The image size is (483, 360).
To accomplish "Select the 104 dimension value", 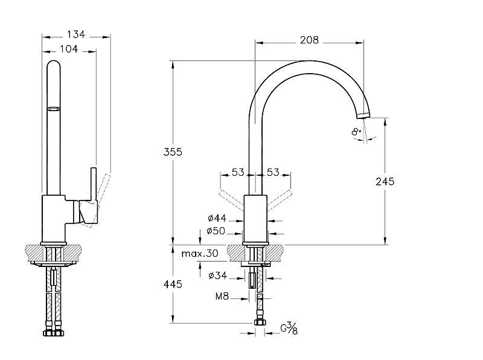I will (69, 49).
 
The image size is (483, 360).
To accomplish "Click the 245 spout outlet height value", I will (385, 181).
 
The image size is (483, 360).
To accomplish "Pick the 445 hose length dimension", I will (173, 284).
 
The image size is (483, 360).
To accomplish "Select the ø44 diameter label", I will (216, 217).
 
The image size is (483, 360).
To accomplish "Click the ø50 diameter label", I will (216, 231).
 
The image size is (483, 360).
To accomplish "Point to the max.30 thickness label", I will (200, 254).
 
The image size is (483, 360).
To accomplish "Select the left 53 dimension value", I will (238, 173).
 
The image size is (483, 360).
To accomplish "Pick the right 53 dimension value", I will (273, 173).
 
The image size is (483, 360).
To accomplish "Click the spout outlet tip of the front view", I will (363, 114).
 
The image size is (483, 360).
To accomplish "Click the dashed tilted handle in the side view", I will (103, 193).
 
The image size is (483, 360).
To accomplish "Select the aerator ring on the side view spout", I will (54, 109).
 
